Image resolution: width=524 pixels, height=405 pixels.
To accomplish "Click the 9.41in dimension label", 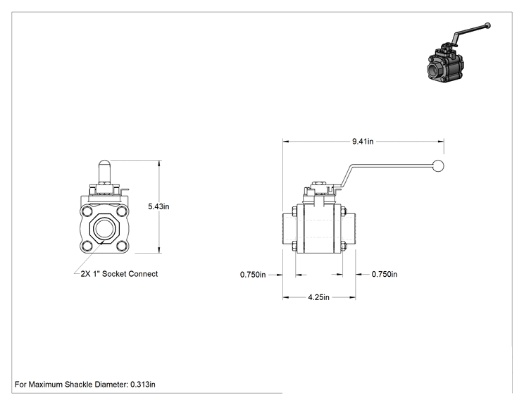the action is [363, 142].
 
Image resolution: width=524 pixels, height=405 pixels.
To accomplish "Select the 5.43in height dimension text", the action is [158, 206].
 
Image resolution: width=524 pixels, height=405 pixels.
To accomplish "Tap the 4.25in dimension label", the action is [318, 297].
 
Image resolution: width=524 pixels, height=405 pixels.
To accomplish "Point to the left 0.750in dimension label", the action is [253, 275].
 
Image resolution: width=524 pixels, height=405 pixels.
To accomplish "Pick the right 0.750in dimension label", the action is [385, 275].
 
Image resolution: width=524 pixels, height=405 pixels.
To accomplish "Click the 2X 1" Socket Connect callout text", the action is [119, 274].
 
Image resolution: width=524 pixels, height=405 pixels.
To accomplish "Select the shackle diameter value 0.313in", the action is [143, 385].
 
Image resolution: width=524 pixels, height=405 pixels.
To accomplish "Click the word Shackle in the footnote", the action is [79, 385].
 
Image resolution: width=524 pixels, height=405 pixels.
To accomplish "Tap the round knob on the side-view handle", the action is [438, 166].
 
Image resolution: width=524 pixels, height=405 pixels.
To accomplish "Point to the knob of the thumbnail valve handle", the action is [487, 25].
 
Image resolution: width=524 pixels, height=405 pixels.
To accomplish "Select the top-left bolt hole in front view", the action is [87, 212].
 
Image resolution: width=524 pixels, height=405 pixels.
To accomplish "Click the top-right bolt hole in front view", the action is [122, 212].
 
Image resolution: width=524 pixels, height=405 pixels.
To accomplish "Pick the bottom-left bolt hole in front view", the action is [87, 246].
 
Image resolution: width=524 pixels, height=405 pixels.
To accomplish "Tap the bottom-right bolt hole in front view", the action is [122, 246].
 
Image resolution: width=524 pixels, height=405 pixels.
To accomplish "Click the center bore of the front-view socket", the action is [104, 229].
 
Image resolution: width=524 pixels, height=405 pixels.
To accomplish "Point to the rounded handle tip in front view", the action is [104, 163].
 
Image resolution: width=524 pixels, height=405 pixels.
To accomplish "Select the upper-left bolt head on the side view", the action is [294, 211].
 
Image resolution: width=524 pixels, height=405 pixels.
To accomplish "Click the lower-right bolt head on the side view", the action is [344, 247].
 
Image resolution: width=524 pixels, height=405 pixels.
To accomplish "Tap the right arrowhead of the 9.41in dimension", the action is [441, 142].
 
